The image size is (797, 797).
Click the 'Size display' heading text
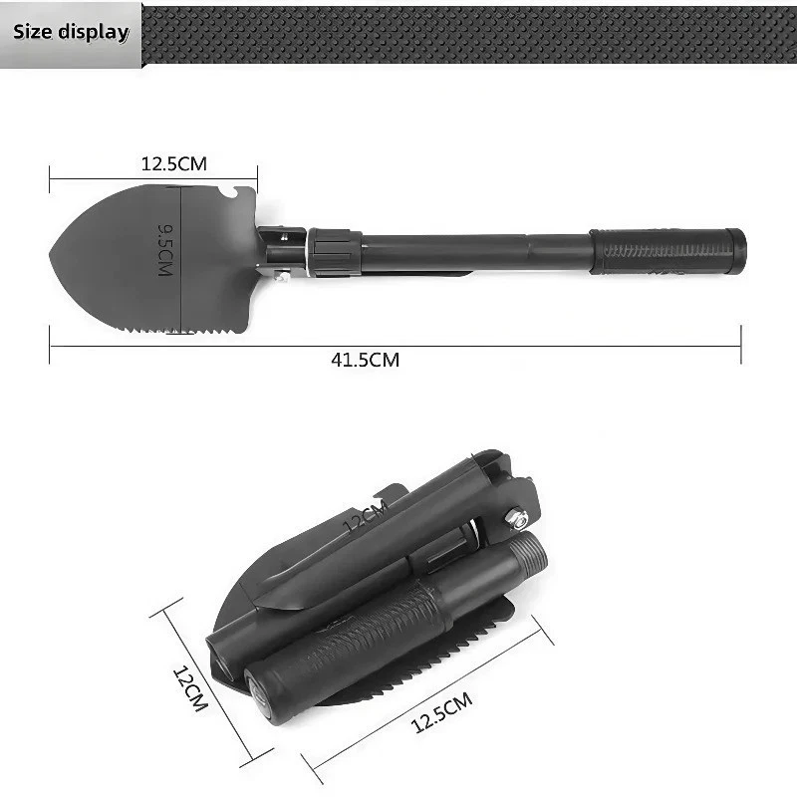71,31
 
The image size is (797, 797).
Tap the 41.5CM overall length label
365,360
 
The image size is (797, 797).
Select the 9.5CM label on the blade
165,249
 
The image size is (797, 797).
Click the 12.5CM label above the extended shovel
173,163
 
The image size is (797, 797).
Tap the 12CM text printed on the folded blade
365,518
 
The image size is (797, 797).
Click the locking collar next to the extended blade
334,252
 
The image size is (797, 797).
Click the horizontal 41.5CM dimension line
548,347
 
